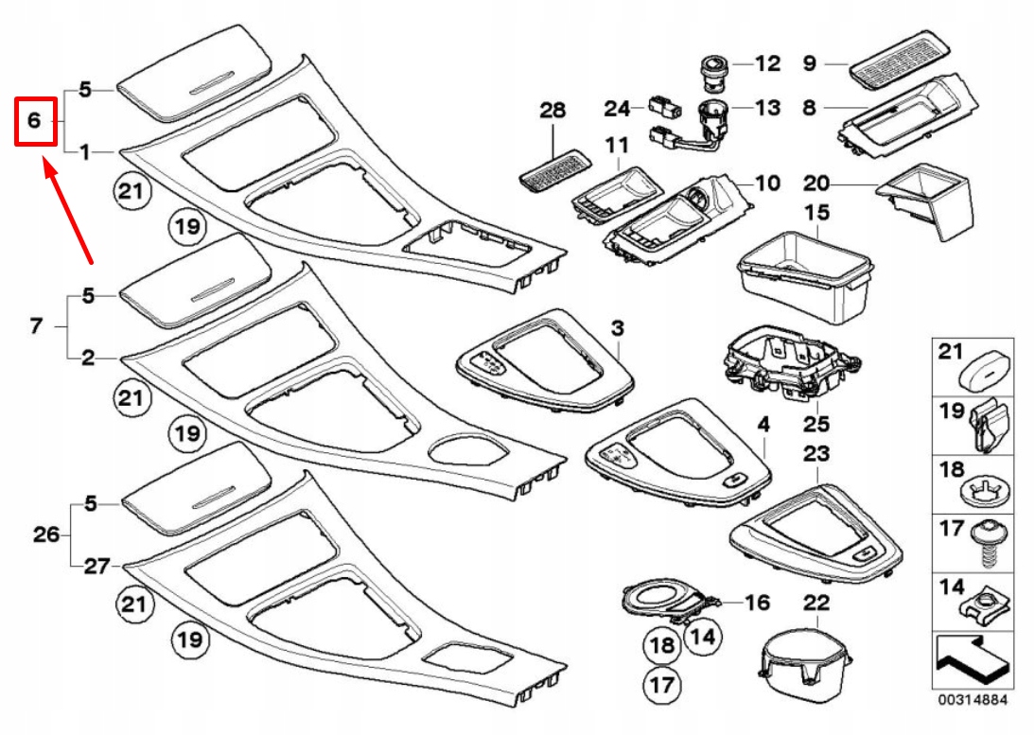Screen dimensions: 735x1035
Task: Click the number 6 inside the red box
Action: coord(34,120)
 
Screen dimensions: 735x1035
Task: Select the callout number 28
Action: coord(553,111)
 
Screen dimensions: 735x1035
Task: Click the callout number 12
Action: coord(767,64)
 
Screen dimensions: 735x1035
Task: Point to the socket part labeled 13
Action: coord(710,121)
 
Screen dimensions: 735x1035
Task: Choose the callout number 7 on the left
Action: coord(36,326)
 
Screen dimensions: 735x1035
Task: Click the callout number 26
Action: coord(46,534)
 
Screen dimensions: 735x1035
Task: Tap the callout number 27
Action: coord(96,566)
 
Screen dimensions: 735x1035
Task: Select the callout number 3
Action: coord(617,328)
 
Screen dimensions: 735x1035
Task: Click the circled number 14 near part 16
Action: coord(701,637)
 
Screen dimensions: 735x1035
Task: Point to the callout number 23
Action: coord(816,454)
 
